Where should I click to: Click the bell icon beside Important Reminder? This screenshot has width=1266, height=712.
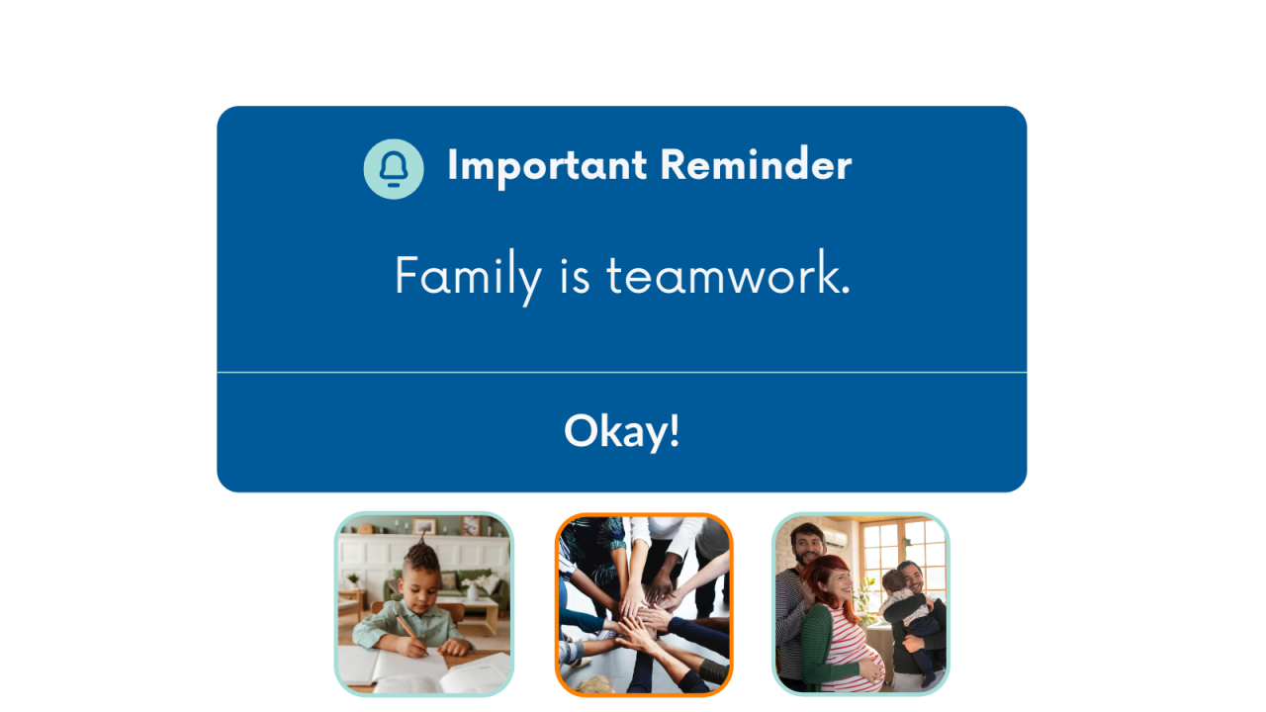[x=394, y=169]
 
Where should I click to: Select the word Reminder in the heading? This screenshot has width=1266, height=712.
[x=755, y=165]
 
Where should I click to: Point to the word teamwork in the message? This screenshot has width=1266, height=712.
[x=727, y=276]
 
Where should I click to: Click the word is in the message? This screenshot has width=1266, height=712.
[x=575, y=276]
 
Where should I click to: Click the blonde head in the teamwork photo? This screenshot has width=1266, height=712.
[x=594, y=683]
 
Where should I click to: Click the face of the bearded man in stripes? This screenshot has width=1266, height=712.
[x=808, y=545]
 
